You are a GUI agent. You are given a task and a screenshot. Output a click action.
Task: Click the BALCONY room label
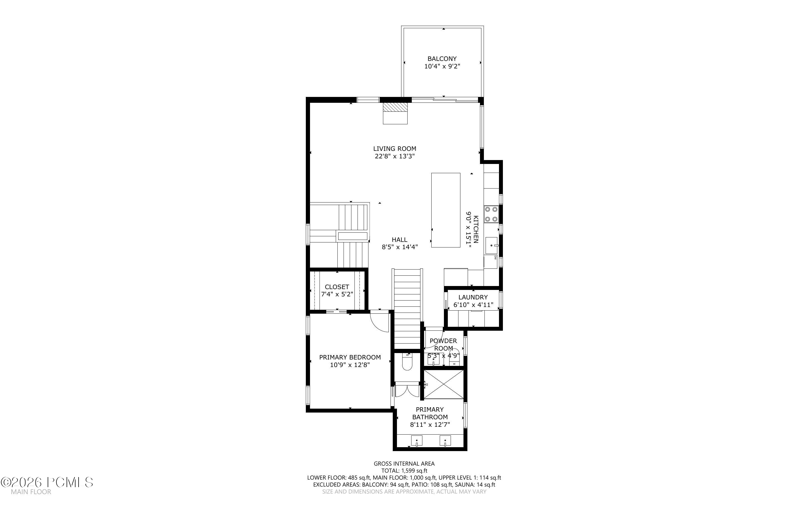point(442,59)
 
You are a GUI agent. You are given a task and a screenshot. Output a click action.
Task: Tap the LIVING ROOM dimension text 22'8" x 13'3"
point(395,156)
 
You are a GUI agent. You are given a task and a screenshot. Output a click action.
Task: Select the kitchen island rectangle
point(446,210)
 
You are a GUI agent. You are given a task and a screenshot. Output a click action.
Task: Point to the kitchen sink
point(491,246)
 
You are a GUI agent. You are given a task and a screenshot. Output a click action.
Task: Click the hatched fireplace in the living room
point(395,107)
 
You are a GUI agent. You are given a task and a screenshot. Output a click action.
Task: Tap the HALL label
point(400,240)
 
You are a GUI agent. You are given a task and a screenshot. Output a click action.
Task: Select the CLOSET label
point(337,287)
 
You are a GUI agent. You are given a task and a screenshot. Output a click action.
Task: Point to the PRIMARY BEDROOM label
point(350,357)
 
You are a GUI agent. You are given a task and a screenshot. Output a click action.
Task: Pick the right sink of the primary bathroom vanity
point(445,441)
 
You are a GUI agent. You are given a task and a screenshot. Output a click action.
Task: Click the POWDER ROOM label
point(443,345)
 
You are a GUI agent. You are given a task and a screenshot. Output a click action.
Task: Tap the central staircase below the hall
point(407,309)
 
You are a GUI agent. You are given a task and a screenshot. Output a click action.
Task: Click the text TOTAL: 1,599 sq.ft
point(404,471)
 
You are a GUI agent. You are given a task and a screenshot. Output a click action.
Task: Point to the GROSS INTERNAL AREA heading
point(404,464)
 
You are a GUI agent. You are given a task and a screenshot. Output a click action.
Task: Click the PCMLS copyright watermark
point(47,482)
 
